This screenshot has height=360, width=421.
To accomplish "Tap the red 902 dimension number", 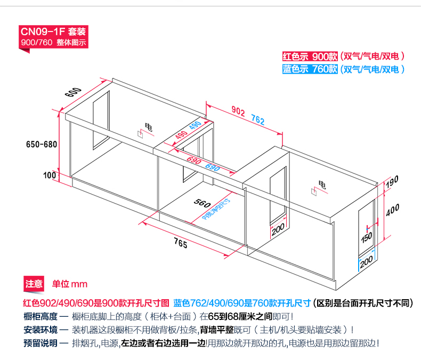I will click(238, 111).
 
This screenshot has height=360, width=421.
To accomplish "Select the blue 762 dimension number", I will click(257, 120).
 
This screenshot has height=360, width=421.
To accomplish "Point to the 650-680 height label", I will click(41, 144).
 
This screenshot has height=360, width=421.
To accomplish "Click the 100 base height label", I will click(50, 174).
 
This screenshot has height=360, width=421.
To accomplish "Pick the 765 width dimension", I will click(180, 244).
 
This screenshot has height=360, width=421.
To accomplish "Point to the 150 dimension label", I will click(366, 237).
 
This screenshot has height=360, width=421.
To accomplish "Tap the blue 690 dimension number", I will click(212, 166).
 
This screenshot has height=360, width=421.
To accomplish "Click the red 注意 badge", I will click(34, 284).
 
